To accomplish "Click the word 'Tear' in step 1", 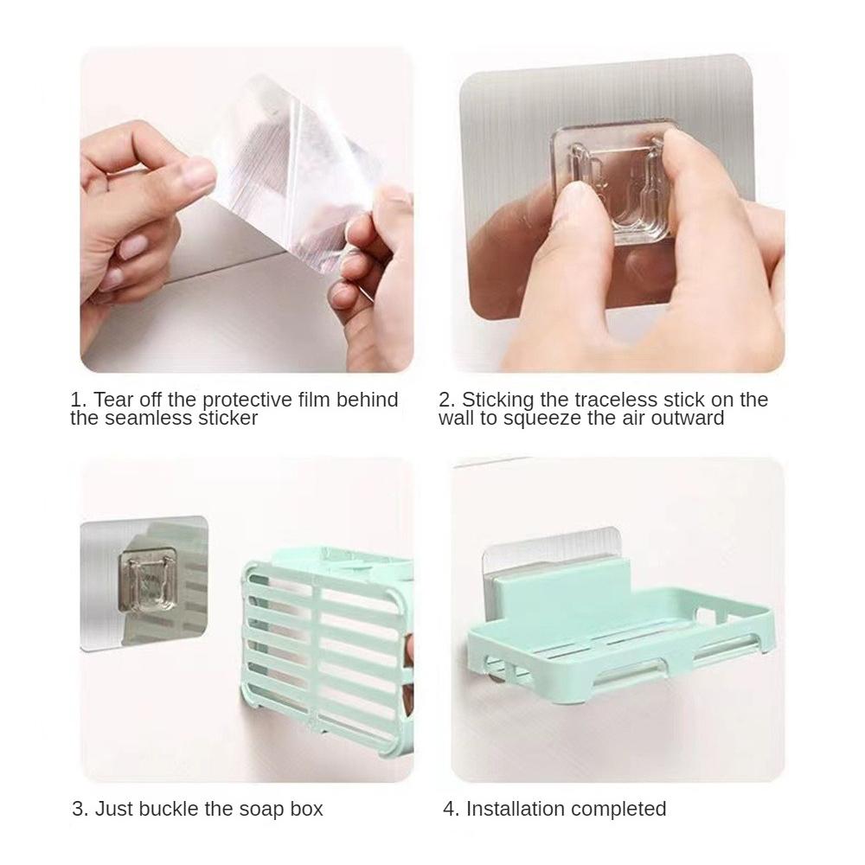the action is tap(113, 400).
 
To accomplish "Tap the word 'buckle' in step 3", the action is tap(169, 809).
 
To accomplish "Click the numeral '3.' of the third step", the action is tap(80, 810).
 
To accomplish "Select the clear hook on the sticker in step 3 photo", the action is tap(148, 581).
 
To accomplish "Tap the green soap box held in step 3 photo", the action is tap(327, 640).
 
